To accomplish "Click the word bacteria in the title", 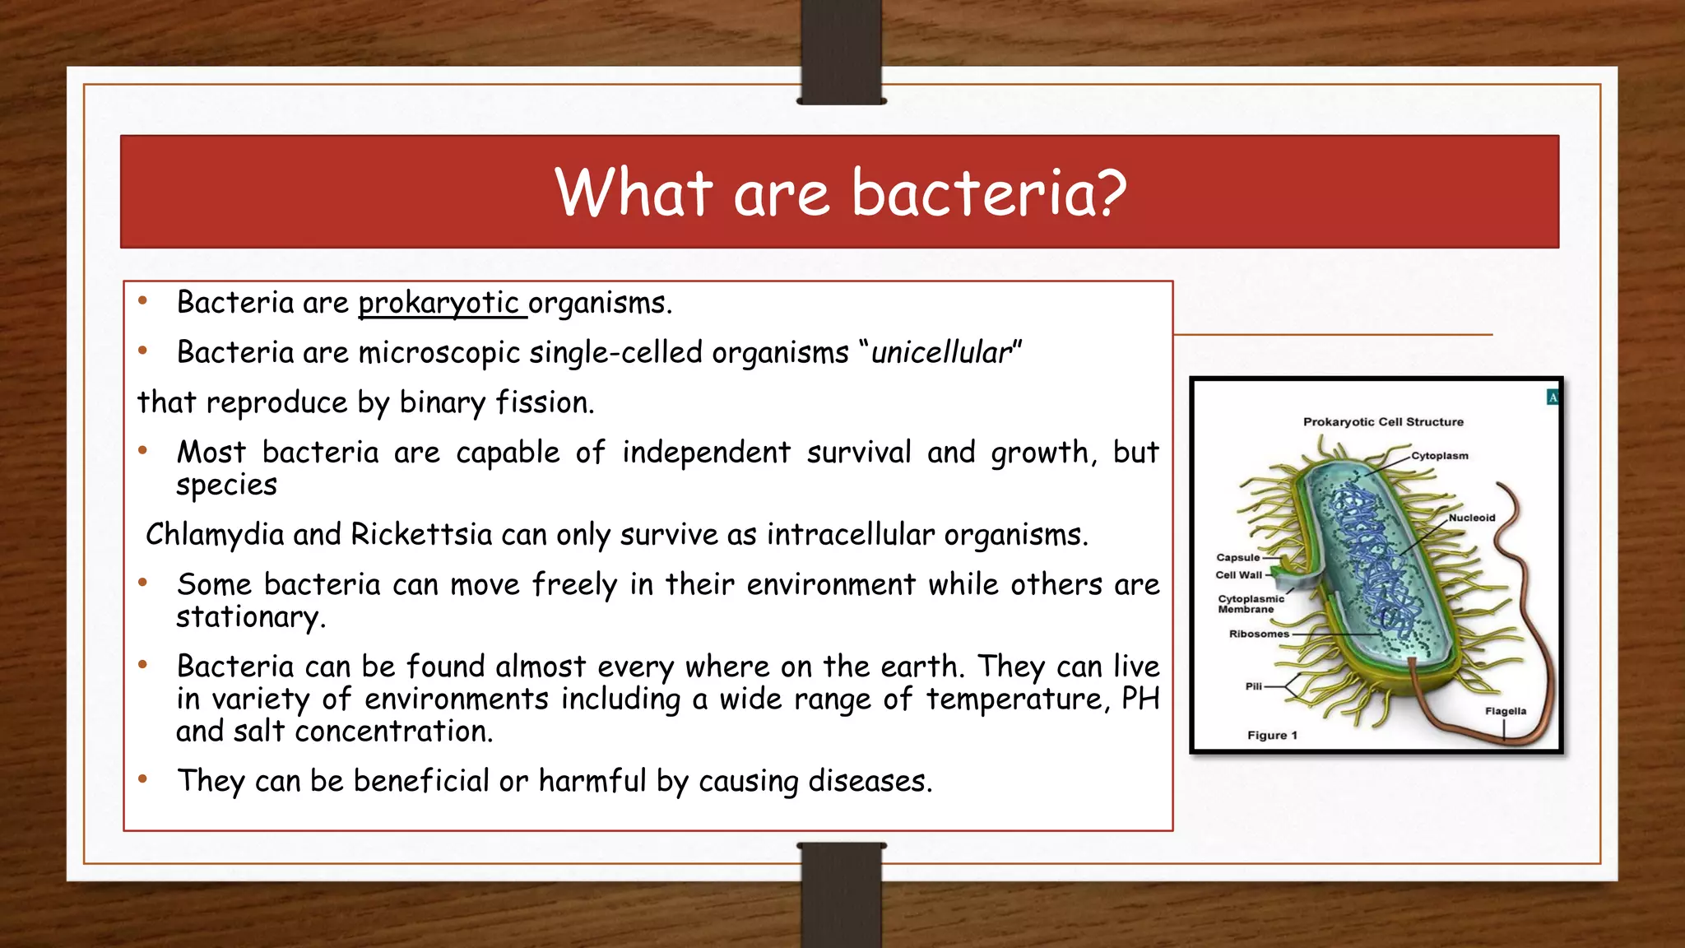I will (988, 193).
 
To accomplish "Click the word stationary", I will (250, 616).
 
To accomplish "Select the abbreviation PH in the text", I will (1140, 699).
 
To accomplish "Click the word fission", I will (544, 402).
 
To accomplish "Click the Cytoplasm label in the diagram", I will (1439, 456).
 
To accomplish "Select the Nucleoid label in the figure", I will (1472, 518).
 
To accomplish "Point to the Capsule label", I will (1237, 557).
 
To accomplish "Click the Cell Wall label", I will (1238, 575).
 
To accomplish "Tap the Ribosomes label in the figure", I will (1258, 634).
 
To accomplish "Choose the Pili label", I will (1253, 685).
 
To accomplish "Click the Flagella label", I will (1505, 711).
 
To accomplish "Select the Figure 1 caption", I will (1272, 735).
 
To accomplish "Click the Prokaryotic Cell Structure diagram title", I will (1383, 421).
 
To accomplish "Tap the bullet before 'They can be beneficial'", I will (142, 778).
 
